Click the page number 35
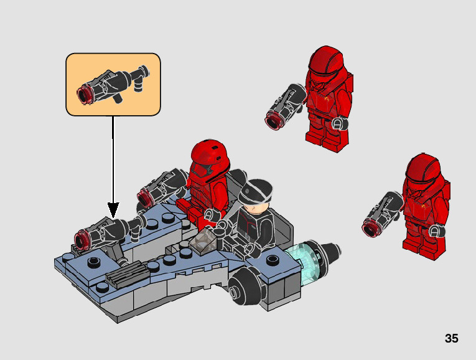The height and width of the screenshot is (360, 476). (x=451, y=338)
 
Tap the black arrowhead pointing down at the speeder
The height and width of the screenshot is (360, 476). (x=113, y=210)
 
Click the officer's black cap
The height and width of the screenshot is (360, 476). (x=255, y=191)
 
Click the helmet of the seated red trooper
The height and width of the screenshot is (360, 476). (x=209, y=158)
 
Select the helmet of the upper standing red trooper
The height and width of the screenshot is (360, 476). (x=325, y=64)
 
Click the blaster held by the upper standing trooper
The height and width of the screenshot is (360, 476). (x=286, y=107)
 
